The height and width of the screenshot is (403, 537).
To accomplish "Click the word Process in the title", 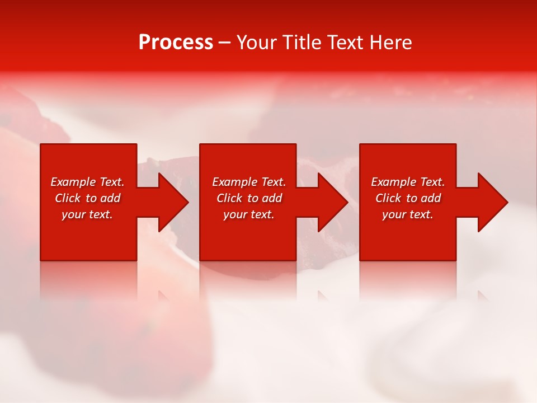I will click(x=176, y=43).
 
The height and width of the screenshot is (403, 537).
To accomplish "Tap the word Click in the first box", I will click(x=68, y=198).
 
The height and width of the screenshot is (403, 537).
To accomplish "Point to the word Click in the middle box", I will click(x=229, y=198).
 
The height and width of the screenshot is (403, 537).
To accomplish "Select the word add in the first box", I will click(x=111, y=198).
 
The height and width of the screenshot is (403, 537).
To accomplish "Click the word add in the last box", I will click(x=431, y=198).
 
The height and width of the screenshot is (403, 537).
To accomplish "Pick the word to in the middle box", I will click(x=253, y=198).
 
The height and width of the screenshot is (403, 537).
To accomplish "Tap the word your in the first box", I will click(x=73, y=215).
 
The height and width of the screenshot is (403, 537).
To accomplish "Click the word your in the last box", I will click(x=394, y=215).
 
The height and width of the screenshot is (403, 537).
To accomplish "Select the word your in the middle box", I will click(x=235, y=215).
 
